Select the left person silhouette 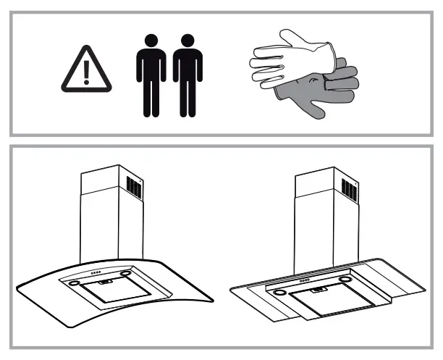coord(151,74)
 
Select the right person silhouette coord(187,74)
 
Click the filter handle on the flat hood coord(316,290)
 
